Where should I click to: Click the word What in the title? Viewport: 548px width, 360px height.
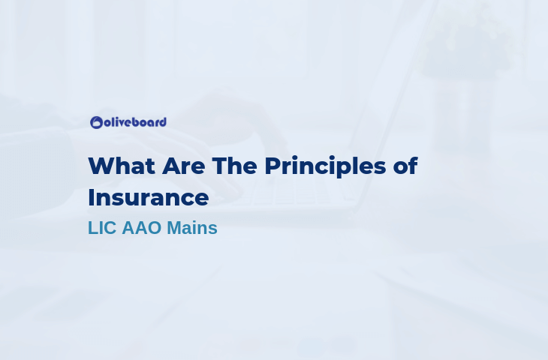click(x=122, y=166)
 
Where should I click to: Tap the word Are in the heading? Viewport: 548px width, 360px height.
click(x=183, y=166)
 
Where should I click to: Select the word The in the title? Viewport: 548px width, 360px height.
click(x=234, y=166)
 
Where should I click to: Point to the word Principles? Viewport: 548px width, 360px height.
click(x=325, y=167)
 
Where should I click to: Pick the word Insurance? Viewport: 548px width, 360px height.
click(x=149, y=197)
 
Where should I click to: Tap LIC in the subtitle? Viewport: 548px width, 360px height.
click(x=101, y=228)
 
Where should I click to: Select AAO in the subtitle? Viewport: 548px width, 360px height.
click(x=142, y=228)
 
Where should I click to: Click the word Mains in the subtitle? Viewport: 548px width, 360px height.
click(x=192, y=228)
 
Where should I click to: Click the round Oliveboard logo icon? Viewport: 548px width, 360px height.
click(x=96, y=122)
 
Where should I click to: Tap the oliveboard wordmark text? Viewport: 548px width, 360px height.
click(x=135, y=122)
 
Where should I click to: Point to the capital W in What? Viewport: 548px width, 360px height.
click(x=102, y=166)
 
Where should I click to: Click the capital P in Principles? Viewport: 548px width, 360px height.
click(x=273, y=166)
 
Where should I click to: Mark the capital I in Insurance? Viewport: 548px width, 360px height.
click(x=91, y=197)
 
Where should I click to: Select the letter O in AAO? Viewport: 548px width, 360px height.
click(x=154, y=228)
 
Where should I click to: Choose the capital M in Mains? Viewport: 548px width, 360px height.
click(x=175, y=228)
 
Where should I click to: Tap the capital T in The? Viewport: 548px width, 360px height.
click(x=220, y=166)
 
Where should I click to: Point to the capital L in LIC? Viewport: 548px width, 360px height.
click(x=92, y=228)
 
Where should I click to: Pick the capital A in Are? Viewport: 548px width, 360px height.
click(x=171, y=166)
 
